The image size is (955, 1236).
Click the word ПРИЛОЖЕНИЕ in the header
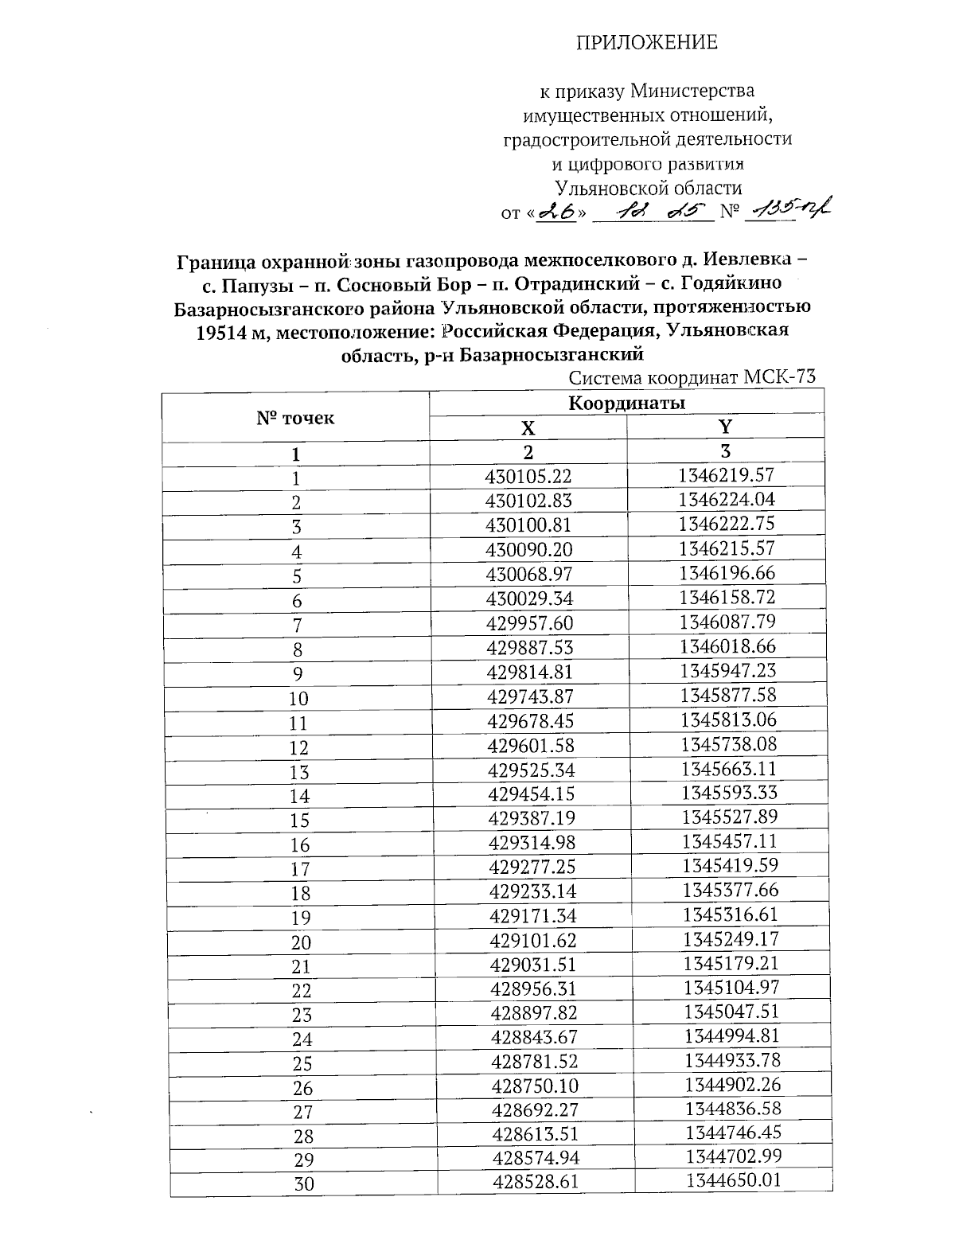point(647,43)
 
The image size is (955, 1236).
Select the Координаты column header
point(626,403)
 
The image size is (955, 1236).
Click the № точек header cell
point(295,418)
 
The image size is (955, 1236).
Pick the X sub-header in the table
point(528,428)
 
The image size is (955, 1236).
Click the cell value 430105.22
point(528,477)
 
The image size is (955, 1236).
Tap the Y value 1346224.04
point(727,500)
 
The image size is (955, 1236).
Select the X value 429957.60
point(528,623)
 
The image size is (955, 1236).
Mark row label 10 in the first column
point(298,699)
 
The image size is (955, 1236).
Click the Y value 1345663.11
point(728,769)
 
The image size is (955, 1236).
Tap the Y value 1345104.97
point(731,988)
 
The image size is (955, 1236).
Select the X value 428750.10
point(535,1086)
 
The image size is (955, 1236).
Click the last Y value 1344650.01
point(733,1180)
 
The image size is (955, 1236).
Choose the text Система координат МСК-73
point(693,377)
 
